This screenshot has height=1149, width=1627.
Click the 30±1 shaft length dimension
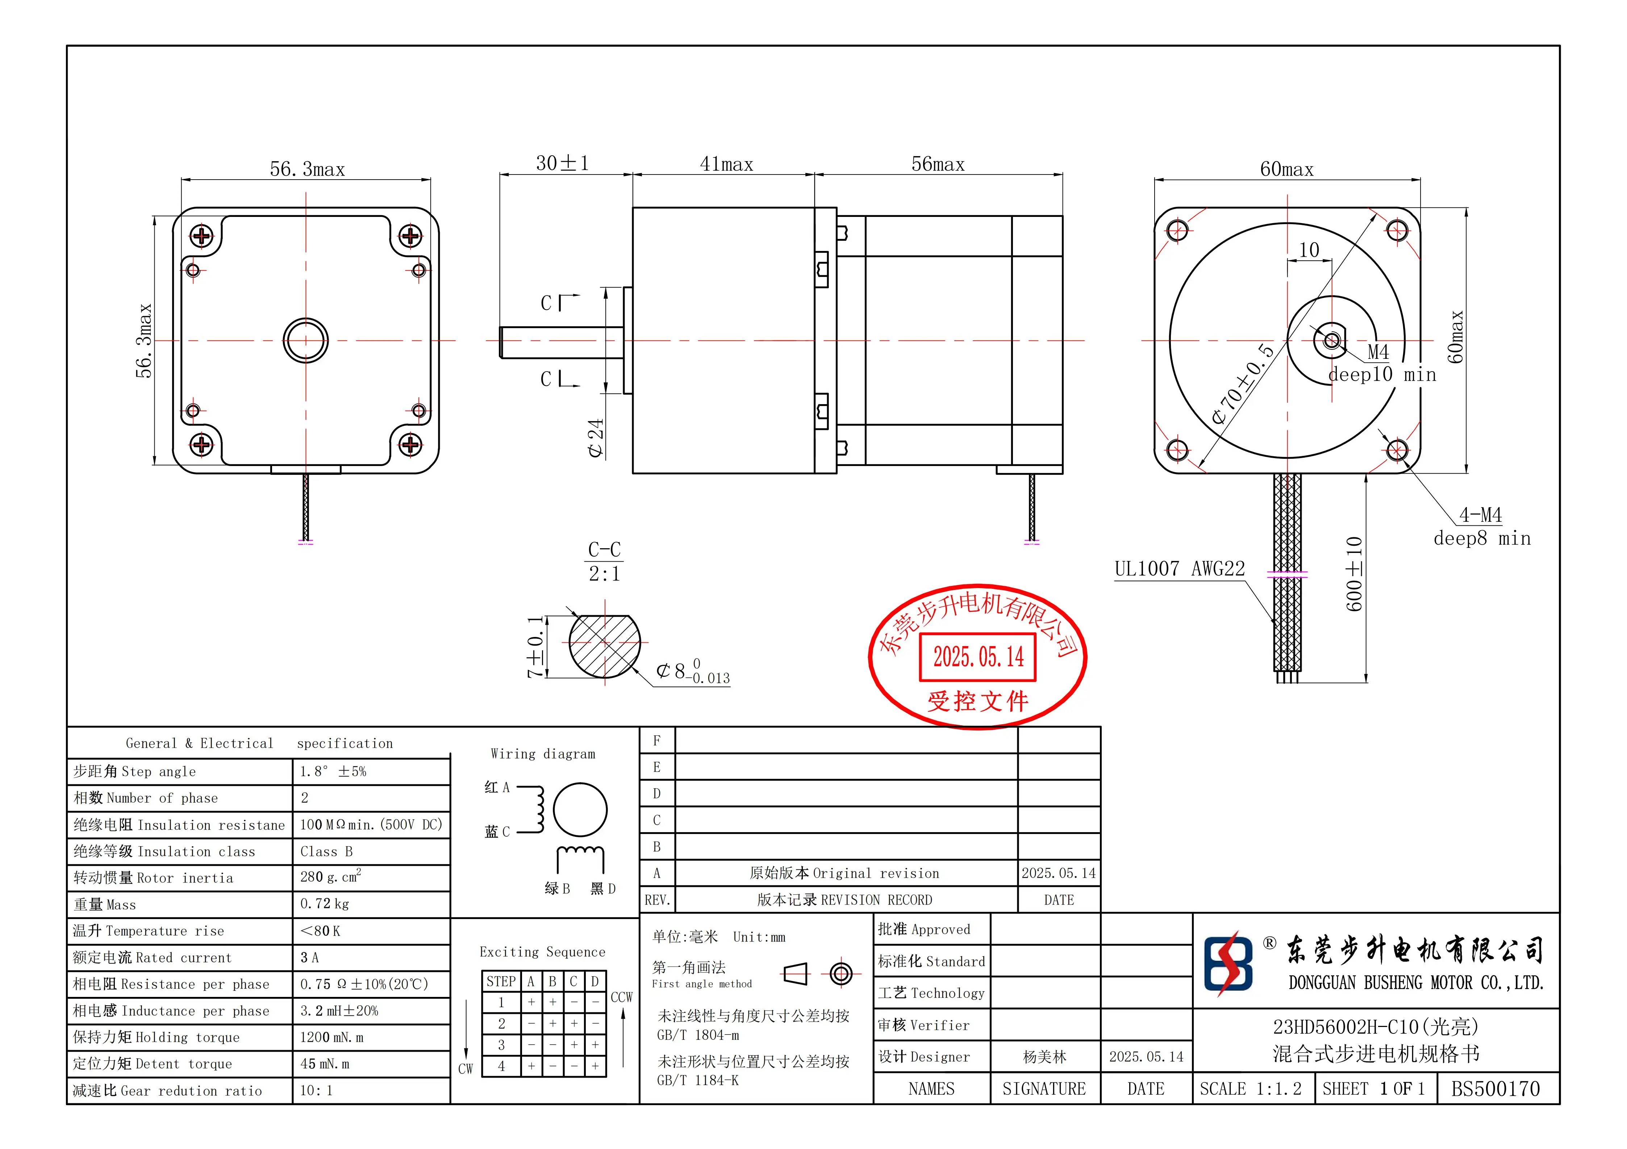click(x=562, y=164)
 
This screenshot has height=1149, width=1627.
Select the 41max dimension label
click(x=726, y=164)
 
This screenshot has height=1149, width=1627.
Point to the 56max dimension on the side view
click(x=938, y=164)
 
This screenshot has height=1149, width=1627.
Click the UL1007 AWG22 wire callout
click(x=1179, y=569)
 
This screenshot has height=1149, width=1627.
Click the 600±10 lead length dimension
click(x=1353, y=574)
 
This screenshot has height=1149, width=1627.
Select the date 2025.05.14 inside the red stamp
click(x=978, y=657)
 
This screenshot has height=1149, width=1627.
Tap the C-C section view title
click(x=604, y=550)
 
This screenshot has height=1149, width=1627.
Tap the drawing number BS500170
click(x=1495, y=1089)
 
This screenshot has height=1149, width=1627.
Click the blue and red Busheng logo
click(x=1228, y=963)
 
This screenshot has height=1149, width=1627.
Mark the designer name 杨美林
click(x=1044, y=1057)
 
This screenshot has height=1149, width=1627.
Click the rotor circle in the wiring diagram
click(x=580, y=810)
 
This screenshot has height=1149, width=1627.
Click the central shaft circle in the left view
click(x=305, y=341)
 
